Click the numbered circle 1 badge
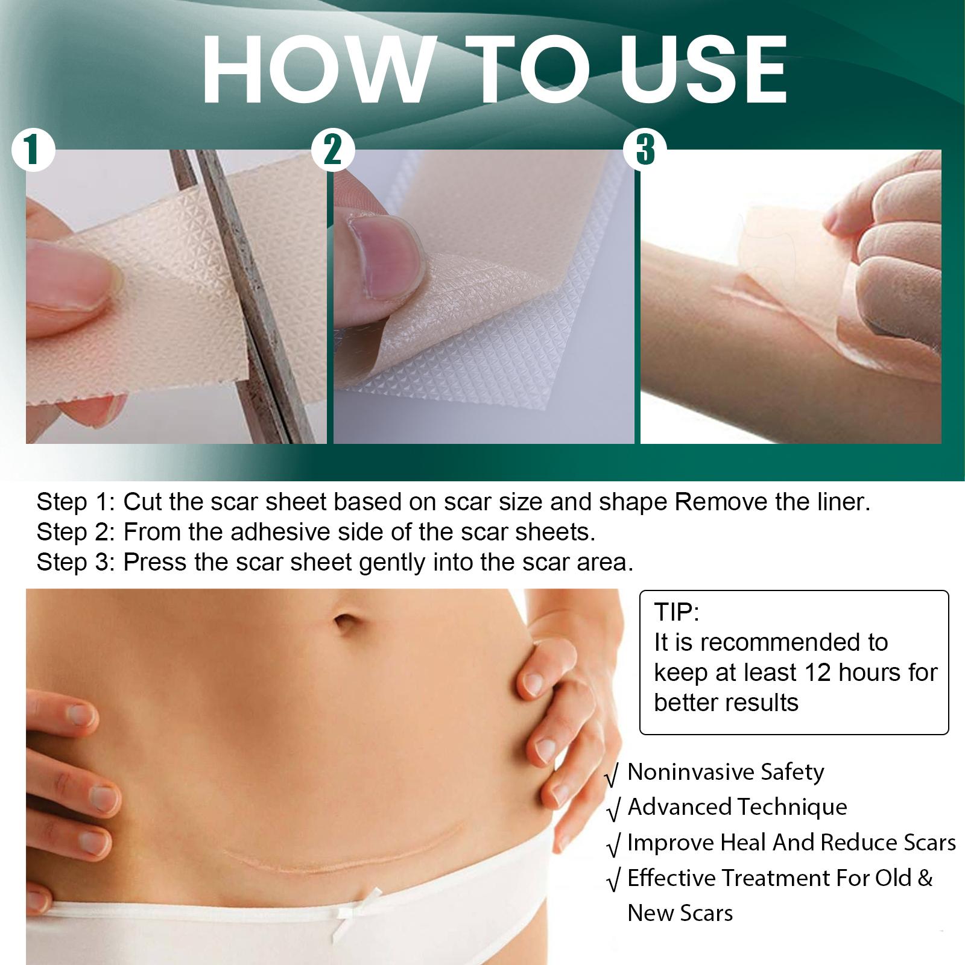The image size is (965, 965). [34, 150]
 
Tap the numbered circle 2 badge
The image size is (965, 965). [332, 150]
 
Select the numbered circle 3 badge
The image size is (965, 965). [645, 150]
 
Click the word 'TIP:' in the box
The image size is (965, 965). [677, 612]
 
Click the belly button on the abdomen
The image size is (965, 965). [346, 622]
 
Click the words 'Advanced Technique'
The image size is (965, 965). [737, 807]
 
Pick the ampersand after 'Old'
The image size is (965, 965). [925, 878]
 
